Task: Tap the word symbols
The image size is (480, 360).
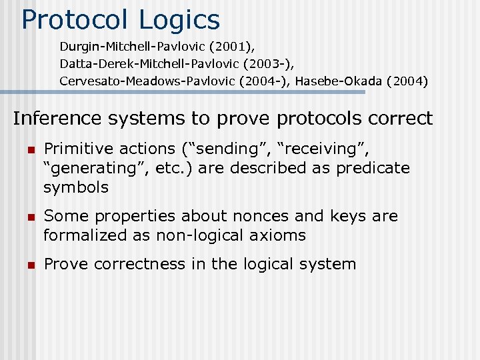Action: tap(75, 187)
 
